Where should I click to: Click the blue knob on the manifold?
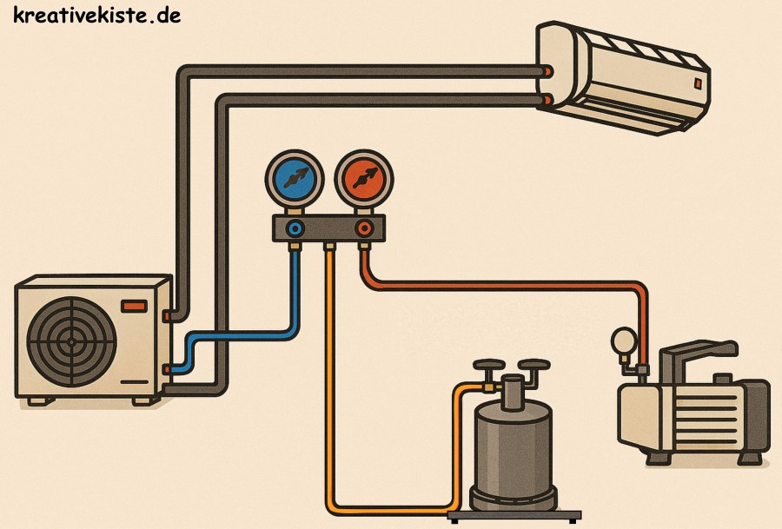pos(297,229)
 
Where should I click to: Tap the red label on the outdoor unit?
pos(135,305)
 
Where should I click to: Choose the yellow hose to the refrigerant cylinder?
pos(330,391)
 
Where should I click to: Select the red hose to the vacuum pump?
pos(521,284)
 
